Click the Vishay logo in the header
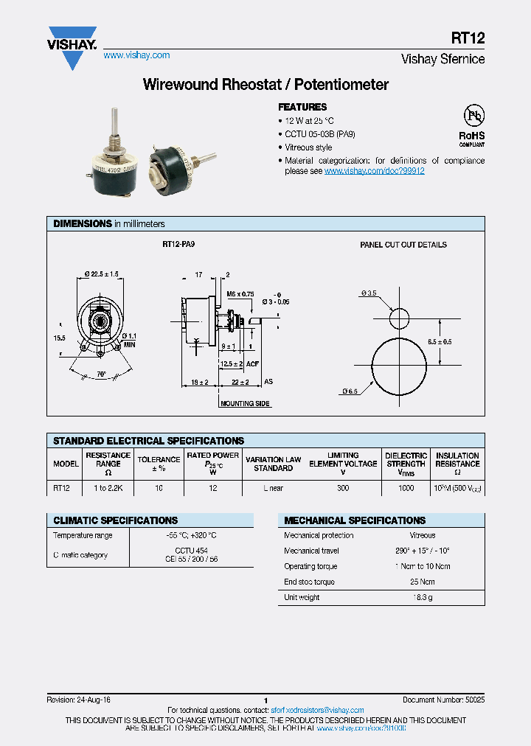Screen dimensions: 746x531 [x=72, y=46]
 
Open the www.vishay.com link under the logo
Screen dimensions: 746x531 [x=136, y=55]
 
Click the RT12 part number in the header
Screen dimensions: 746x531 [x=468, y=39]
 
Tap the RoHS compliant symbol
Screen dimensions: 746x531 [x=472, y=125]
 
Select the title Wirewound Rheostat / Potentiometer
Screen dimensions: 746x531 [x=265, y=85]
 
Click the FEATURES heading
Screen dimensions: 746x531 [x=302, y=107]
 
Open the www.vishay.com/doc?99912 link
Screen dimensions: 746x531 [x=374, y=171]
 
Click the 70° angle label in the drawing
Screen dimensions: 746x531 [x=100, y=374]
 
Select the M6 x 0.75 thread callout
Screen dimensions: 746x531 [x=240, y=293]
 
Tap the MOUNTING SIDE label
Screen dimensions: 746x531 [x=246, y=404]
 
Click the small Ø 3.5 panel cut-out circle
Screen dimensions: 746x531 [x=399, y=318]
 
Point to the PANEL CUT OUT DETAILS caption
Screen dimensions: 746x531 [x=403, y=245]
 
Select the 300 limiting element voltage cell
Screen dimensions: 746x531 [x=343, y=488]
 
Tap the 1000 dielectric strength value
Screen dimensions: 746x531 [x=406, y=488]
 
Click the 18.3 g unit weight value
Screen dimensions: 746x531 [x=423, y=598]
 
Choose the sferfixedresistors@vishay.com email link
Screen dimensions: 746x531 [x=317, y=711]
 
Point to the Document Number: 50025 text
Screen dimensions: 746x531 [x=443, y=700]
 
